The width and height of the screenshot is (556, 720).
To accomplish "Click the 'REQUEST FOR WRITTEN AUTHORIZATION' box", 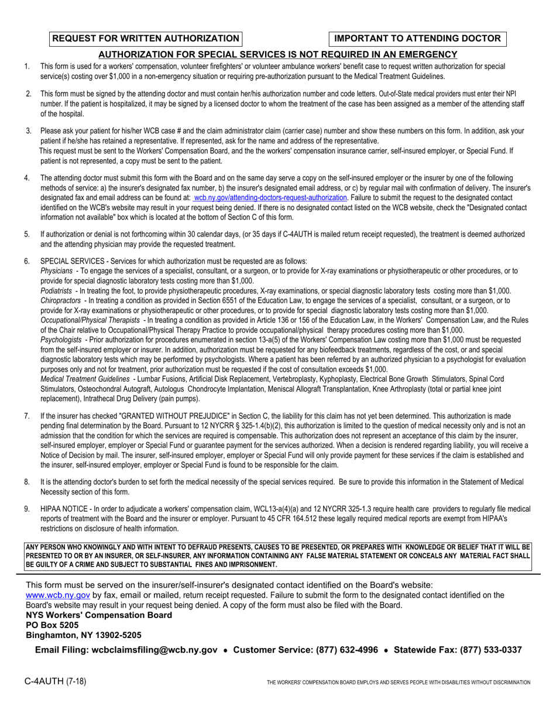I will pyautogui.click(x=146, y=39).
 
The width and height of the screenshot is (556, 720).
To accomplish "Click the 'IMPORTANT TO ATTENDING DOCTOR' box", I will pyautogui.click(x=417, y=39).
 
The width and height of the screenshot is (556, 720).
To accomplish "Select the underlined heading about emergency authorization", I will pyautogui.click(x=277, y=54).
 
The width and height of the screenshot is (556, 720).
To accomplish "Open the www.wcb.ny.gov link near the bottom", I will pyautogui.click(x=58, y=595).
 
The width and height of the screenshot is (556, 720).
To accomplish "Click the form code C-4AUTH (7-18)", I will pyautogui.click(x=56, y=681).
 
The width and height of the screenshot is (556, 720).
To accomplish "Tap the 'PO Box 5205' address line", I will pyautogui.click(x=52, y=625).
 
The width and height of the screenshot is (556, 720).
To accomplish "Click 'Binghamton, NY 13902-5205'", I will pyautogui.click(x=84, y=635).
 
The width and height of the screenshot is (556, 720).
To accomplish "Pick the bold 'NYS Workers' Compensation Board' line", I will pyautogui.click(x=99, y=615).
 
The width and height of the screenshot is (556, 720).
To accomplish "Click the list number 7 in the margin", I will pyautogui.click(x=27, y=399).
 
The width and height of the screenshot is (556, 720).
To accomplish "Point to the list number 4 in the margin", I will pyautogui.click(x=27, y=177).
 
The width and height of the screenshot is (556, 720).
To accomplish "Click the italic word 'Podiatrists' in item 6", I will pyautogui.click(x=56, y=290).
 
